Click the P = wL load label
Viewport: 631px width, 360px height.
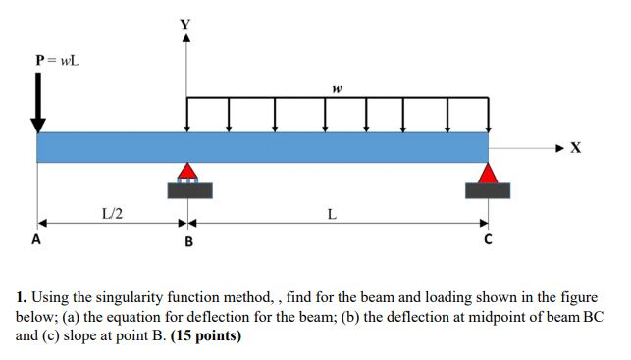57,59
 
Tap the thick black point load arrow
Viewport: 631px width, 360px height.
38,103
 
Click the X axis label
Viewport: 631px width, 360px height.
576,148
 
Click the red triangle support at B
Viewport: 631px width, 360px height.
187,171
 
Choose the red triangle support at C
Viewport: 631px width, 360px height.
488,173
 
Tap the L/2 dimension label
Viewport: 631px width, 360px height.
112,212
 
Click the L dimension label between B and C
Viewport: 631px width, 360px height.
333,212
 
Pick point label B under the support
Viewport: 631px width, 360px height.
188,240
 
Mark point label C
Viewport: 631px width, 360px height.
487,240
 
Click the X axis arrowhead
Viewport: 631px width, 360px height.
559,148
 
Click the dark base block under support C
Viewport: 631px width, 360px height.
488,190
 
